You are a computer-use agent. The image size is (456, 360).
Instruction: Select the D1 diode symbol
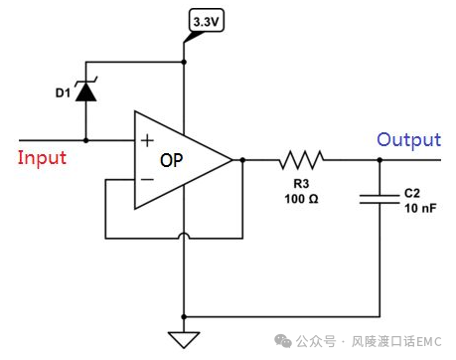(86, 92)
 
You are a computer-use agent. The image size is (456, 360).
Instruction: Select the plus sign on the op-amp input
(147, 141)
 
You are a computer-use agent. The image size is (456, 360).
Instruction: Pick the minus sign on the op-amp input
(147, 179)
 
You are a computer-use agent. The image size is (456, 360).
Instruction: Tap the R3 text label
(301, 183)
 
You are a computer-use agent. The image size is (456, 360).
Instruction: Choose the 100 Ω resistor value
(301, 199)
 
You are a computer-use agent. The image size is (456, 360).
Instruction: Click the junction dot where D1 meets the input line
(86, 140)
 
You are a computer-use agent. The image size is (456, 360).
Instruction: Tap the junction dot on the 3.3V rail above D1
(184, 62)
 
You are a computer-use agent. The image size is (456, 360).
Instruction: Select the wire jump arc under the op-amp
(184, 239)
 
